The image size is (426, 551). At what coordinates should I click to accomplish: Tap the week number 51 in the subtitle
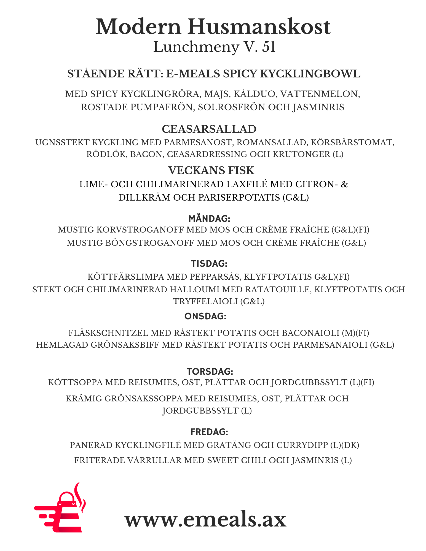point(269,47)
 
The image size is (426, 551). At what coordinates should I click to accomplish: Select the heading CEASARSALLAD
point(209,129)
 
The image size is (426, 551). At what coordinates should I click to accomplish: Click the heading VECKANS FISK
point(211,170)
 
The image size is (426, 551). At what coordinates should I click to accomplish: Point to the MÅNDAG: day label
point(209,219)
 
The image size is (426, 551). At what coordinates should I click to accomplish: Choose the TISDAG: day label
point(209,264)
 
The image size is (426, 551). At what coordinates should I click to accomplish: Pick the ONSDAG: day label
point(205,316)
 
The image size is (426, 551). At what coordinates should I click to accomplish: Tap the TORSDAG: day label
point(210,372)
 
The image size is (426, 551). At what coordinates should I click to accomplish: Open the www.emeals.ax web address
point(205,519)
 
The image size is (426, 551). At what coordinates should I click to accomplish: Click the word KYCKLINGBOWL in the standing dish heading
point(310,74)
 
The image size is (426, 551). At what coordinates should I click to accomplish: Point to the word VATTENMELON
point(320,94)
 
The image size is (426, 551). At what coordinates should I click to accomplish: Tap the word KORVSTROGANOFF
point(140,230)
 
